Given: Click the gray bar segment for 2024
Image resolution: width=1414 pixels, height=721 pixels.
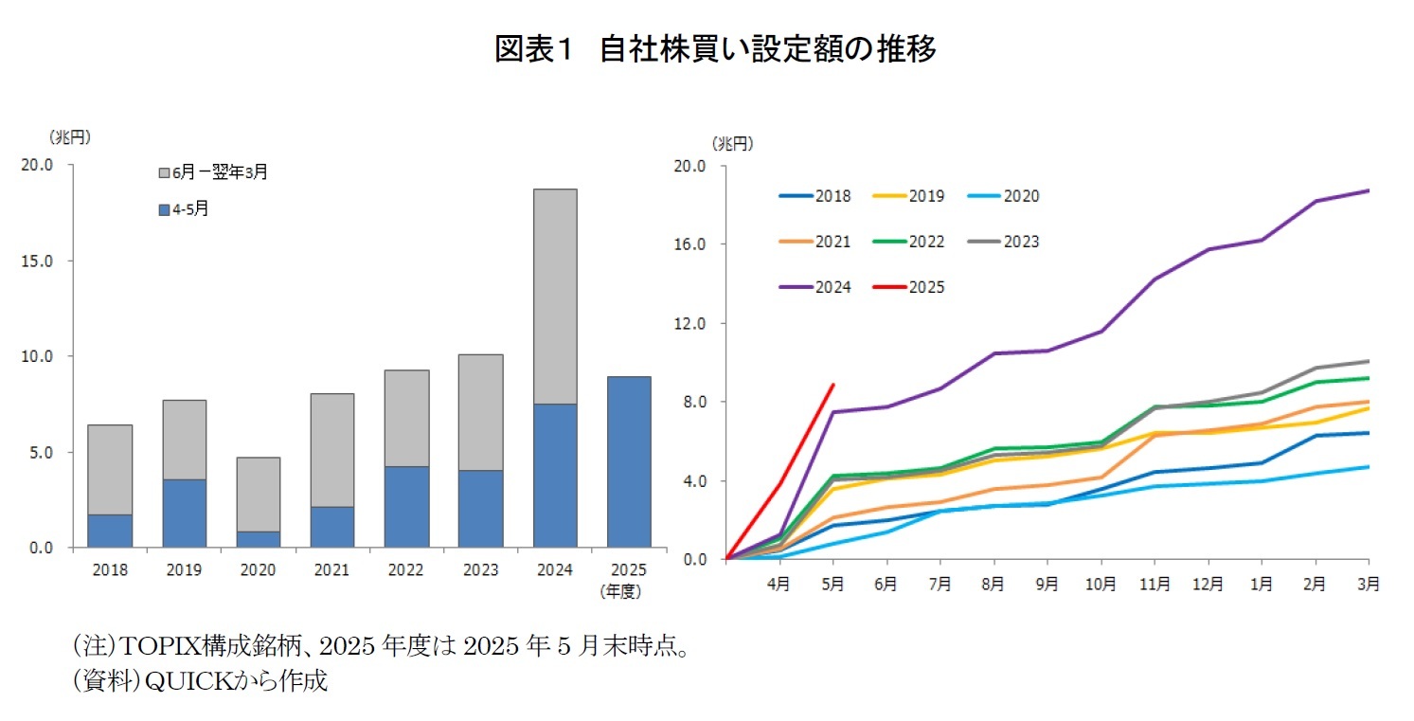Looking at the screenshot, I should point(554,296).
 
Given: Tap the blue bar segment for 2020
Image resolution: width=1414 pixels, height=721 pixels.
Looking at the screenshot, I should point(258,539).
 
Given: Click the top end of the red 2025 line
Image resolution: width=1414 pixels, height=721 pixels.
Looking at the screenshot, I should point(832,385).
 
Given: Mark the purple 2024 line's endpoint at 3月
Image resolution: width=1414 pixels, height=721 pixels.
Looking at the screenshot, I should point(1368,190).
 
